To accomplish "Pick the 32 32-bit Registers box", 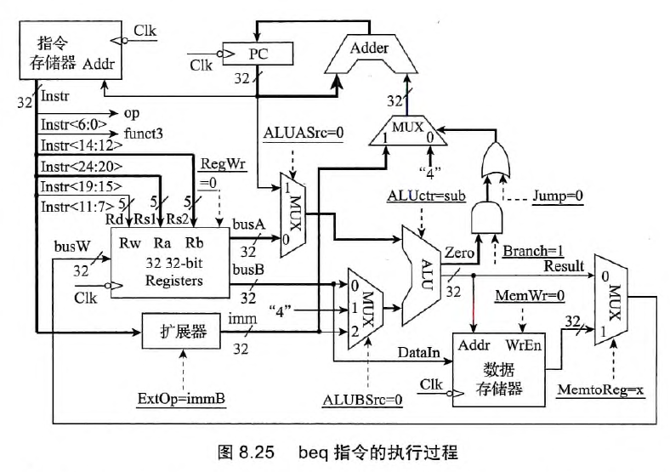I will pos(171,264).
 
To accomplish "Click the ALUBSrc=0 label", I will pos(359,397).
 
